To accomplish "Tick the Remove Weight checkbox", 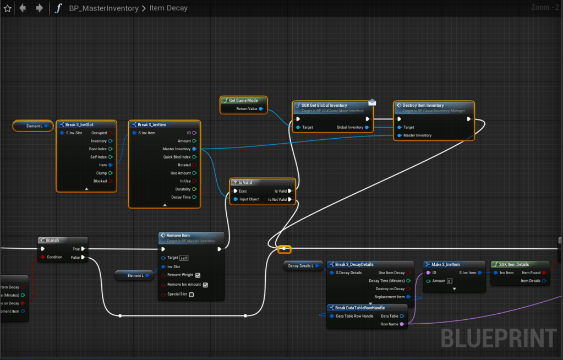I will [x=198, y=275].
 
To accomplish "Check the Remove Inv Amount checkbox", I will [x=205, y=285].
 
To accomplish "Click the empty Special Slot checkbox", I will [x=191, y=294].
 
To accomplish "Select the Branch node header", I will [x=52, y=241].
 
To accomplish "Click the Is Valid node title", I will [x=245, y=182].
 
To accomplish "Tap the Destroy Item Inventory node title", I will [x=423, y=105].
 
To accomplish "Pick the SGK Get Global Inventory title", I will [x=324, y=105].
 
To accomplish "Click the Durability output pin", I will [x=194, y=189].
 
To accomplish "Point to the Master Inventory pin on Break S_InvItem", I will [x=194, y=149].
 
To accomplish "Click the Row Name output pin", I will [x=402, y=324].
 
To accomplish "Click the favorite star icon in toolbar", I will [x=7, y=8].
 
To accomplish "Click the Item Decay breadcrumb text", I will [x=168, y=8].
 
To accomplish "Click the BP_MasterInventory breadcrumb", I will [x=103, y=8].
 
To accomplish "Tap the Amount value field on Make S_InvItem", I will [x=449, y=281].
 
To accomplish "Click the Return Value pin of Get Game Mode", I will [x=261, y=109].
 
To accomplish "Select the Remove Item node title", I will [x=174, y=236].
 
